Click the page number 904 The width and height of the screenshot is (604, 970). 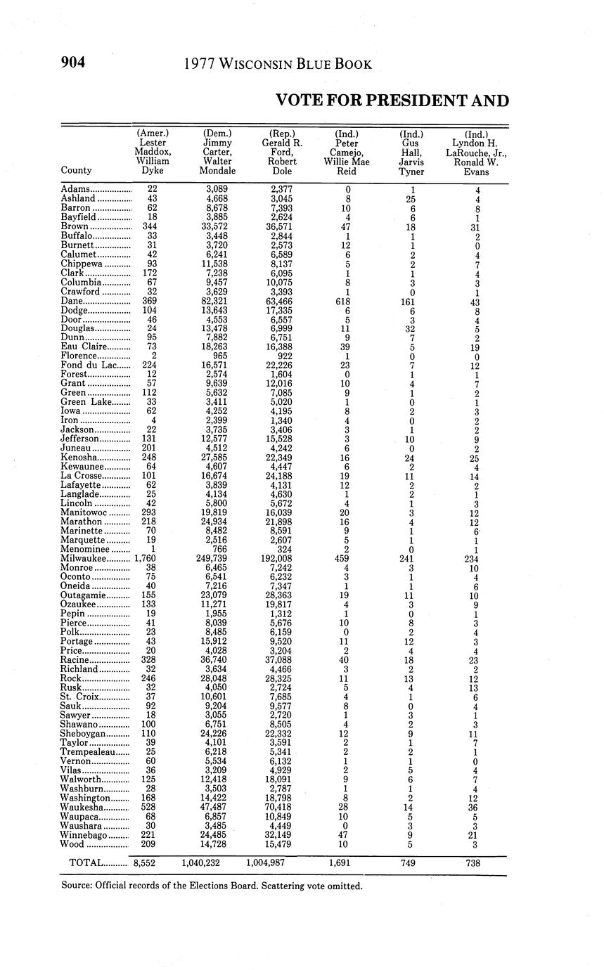(73, 63)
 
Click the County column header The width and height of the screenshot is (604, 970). (76, 170)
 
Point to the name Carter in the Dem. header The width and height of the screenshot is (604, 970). (217, 152)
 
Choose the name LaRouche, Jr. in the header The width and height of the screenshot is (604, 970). (476, 152)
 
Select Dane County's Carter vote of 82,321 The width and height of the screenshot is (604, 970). (217, 301)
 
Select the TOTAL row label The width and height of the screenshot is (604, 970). (87, 862)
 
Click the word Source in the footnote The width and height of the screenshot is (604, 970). (77, 886)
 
